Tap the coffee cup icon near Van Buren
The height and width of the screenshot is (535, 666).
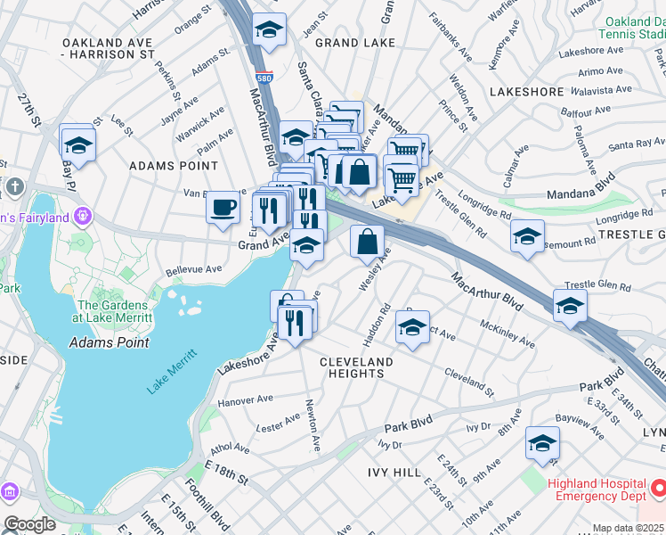(x=223, y=208)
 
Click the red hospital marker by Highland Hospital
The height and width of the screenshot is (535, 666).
(x=658, y=489)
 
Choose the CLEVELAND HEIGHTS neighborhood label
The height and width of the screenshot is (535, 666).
(x=356, y=367)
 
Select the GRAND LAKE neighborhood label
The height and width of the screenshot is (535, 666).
(x=348, y=43)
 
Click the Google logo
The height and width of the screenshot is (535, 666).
(x=29, y=523)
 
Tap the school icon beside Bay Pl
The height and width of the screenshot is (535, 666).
(x=78, y=146)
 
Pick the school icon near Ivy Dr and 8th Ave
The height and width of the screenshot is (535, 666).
(x=542, y=444)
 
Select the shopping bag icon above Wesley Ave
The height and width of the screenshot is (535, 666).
(x=367, y=241)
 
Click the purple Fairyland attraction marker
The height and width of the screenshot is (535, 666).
(x=83, y=215)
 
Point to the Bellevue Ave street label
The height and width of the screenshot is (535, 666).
(x=194, y=269)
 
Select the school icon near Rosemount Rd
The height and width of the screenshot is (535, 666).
(x=528, y=237)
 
